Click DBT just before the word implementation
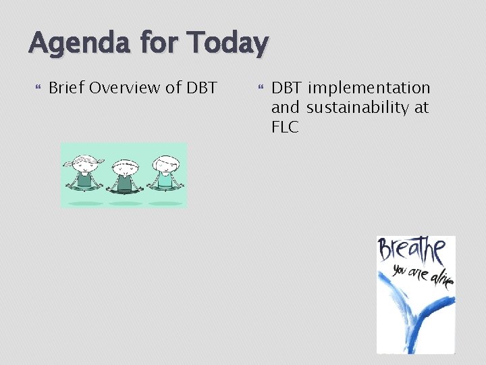pos(288,88)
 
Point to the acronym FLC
pos(285,126)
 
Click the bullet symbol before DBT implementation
pos(260,88)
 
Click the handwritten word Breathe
pos(411,251)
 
